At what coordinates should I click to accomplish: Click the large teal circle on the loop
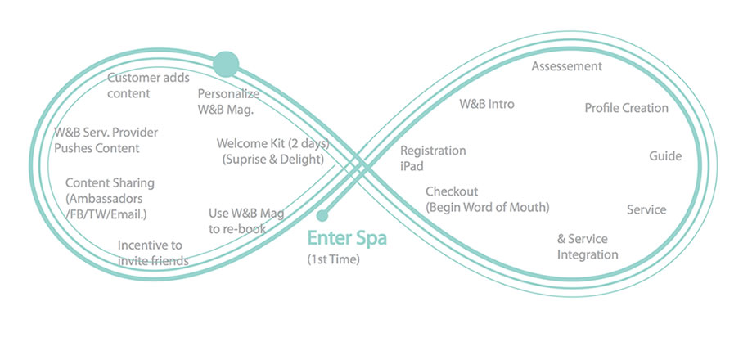226,63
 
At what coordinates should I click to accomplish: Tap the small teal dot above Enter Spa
322,216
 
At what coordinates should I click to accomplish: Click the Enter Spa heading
346,239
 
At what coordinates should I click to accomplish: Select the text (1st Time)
333,259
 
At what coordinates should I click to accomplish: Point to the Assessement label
567,66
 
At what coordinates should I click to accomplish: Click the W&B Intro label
487,104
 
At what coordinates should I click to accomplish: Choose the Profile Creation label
626,108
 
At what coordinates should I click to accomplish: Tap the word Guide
665,156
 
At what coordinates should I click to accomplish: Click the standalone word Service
646,209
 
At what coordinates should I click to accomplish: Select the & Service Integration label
588,246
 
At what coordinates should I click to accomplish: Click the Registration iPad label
433,158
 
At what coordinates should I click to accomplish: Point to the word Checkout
452,191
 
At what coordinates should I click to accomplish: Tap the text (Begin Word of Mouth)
487,206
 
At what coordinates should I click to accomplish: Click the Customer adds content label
148,85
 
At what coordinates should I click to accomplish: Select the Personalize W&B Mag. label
228,101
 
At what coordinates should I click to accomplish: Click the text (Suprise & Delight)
272,160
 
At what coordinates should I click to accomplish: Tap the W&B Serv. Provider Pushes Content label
106,140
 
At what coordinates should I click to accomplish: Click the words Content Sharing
110,183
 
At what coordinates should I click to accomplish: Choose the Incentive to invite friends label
152,252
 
